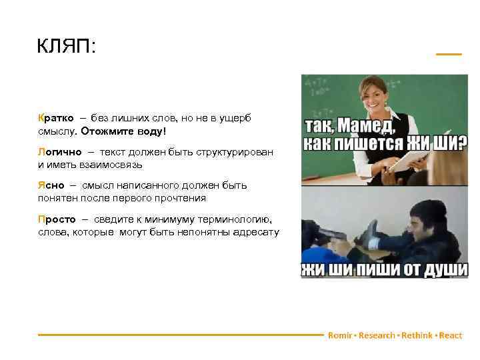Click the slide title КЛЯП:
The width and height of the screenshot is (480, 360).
click(x=67, y=47)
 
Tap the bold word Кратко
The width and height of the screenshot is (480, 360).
click(x=56, y=118)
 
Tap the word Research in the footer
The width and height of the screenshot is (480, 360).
click(x=377, y=335)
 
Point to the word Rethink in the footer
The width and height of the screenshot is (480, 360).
click(x=416, y=335)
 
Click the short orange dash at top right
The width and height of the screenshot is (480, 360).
click(x=448, y=54)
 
